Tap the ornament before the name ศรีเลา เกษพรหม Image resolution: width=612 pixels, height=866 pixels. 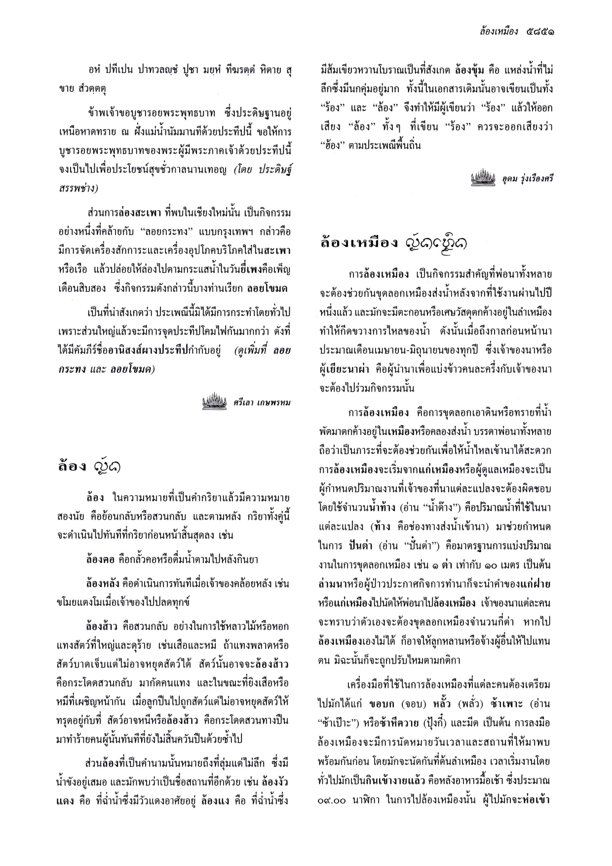214,401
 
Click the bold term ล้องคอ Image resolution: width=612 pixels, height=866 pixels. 100,560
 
